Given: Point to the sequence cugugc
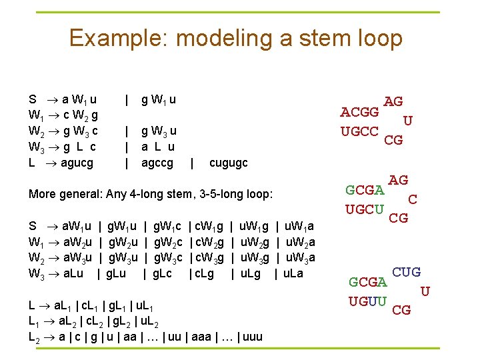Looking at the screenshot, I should tap(228, 163).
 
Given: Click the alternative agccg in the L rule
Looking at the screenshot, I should tap(157, 163).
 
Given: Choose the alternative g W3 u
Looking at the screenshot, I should tap(159, 131).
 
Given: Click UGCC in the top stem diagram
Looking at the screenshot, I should tap(360, 131).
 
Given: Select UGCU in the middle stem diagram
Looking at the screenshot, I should tap(365, 209).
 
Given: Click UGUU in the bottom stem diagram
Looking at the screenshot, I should tap(367, 301).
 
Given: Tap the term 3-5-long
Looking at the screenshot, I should tap(231, 194).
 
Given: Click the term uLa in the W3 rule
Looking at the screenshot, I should tap(292, 273).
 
